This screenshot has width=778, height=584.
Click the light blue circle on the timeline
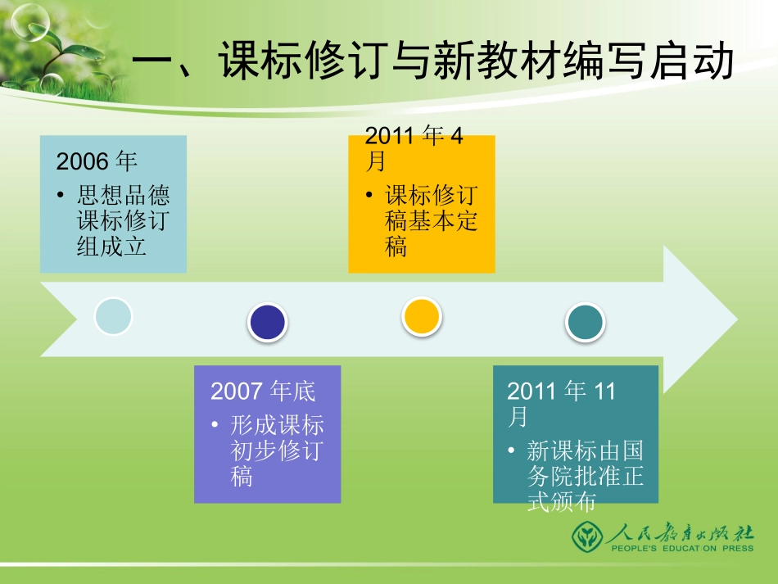pyautogui.click(x=113, y=316)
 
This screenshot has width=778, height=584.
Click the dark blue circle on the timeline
pyautogui.click(x=268, y=323)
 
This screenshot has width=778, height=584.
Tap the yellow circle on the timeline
pyautogui.click(x=422, y=316)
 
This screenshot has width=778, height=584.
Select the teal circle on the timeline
pyautogui.click(x=586, y=323)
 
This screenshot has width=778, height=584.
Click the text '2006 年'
pyautogui.click(x=97, y=161)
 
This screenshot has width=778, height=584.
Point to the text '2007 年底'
pyautogui.click(x=262, y=391)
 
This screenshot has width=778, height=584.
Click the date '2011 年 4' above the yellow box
pyautogui.click(x=414, y=135)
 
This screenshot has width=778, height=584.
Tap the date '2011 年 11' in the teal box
pyautogui.click(x=561, y=392)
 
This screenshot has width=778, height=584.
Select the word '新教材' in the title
pyautogui.click(x=513, y=62)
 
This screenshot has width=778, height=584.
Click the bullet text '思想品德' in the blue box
pyautogui.click(x=123, y=196)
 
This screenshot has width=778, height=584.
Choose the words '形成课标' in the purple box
pyautogui.click(x=277, y=425)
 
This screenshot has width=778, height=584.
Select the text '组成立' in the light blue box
pyautogui.click(x=111, y=246)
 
